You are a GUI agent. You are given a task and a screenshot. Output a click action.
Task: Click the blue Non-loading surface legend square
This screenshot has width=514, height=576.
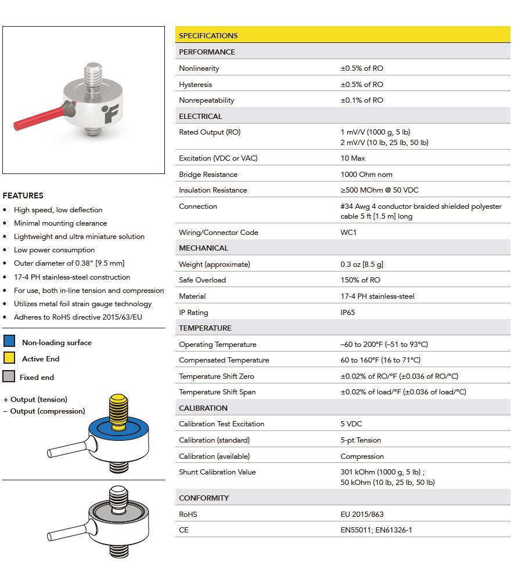9,342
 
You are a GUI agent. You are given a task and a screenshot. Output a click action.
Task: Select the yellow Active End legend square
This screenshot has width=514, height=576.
9,358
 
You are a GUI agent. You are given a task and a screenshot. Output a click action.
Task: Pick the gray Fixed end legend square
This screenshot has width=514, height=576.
8,377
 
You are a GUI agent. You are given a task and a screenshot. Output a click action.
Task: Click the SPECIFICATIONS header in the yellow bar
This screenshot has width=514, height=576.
208,35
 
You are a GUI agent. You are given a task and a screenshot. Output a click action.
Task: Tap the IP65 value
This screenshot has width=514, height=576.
348,312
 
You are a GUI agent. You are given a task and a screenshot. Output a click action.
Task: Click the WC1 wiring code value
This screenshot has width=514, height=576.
348,232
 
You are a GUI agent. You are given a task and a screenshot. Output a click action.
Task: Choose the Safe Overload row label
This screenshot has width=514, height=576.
202,280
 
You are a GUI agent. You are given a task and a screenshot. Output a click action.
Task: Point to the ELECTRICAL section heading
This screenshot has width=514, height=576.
200,116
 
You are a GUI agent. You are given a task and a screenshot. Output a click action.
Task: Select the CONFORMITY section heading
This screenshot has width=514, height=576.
204,498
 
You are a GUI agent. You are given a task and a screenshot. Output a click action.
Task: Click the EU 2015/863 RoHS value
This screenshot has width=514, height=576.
362,514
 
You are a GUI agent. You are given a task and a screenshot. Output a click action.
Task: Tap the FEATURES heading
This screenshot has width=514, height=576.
23,195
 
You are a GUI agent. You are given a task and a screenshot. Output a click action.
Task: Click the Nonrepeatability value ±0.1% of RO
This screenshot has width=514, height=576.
362,100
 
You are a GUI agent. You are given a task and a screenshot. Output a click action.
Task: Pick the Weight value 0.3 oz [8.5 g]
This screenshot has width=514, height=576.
362,264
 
